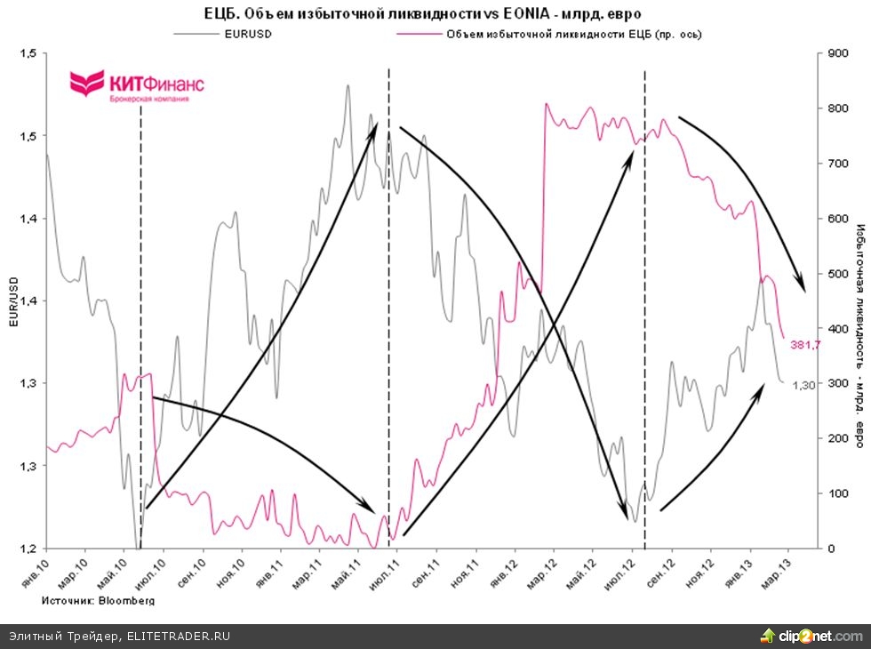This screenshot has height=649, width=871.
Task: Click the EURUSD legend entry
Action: point(247,34)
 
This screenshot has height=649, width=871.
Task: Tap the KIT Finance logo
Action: point(137,87)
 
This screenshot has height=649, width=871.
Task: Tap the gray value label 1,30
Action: point(803,384)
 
